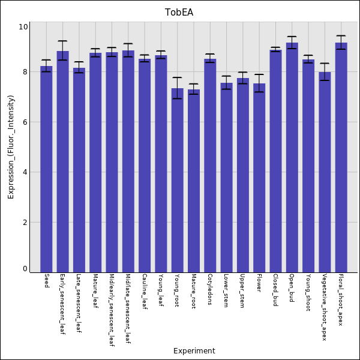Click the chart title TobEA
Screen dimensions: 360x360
pos(179,13)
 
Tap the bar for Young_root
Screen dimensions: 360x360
pos(177,180)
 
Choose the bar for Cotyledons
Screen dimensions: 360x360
pos(210,166)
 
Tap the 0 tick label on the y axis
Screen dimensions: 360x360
pos(25,269)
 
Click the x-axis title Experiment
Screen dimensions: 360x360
pos(194,351)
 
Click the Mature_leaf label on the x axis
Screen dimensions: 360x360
pos(95,291)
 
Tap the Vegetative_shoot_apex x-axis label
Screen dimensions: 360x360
pos(324,307)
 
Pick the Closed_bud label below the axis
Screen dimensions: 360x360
pos(275,290)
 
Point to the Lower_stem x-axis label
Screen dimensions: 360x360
pos(226,291)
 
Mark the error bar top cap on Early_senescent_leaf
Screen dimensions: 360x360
pos(62,41)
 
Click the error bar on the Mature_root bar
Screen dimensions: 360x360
pos(193,89)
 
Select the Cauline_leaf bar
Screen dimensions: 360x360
pos(145,166)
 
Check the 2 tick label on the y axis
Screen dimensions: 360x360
pos(25,223)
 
